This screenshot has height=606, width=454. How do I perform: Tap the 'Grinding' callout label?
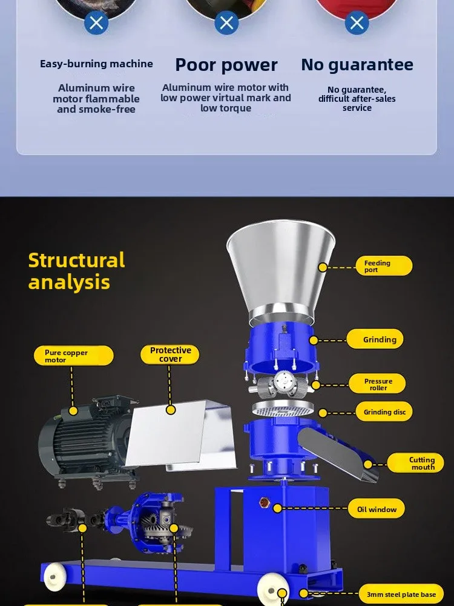tap(380, 339)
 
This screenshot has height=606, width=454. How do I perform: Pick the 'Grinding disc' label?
tap(384, 412)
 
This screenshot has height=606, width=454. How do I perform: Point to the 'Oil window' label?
tap(376, 510)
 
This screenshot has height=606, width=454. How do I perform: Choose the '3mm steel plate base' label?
tap(401, 594)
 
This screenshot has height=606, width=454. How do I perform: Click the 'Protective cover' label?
tap(170, 355)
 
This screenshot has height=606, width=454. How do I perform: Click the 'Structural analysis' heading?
tap(76, 271)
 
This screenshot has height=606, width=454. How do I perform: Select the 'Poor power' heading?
tap(226, 65)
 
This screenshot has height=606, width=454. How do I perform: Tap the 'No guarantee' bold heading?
tap(357, 64)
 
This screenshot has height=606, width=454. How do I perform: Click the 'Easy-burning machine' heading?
tap(96, 64)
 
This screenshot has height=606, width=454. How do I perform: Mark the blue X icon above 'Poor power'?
tap(226, 23)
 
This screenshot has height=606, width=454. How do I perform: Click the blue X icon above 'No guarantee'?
tap(357, 23)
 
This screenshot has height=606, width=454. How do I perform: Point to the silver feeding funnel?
tap(280, 267)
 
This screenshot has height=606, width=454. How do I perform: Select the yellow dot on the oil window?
tap(278, 508)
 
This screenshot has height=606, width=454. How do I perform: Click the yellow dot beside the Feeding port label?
tap(323, 267)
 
